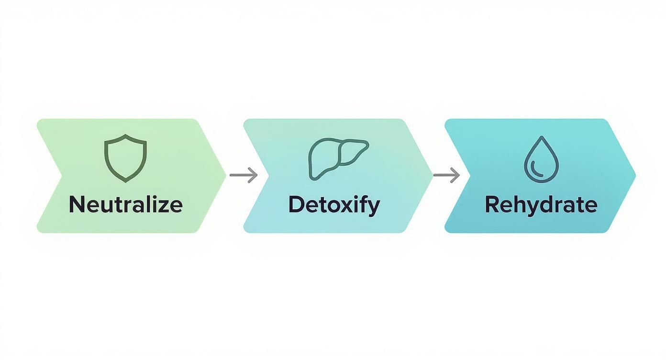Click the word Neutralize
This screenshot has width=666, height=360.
pos(125,204)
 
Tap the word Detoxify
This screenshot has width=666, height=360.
pos(334,205)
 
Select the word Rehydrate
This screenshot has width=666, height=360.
pos(541,205)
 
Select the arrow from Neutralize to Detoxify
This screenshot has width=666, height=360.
pos(244,175)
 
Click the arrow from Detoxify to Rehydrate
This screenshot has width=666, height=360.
pos(446,175)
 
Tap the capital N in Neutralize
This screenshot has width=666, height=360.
pos(77,204)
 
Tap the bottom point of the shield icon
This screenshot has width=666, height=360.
pos(125,181)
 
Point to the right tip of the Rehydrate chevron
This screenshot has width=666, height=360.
pos(634,176)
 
